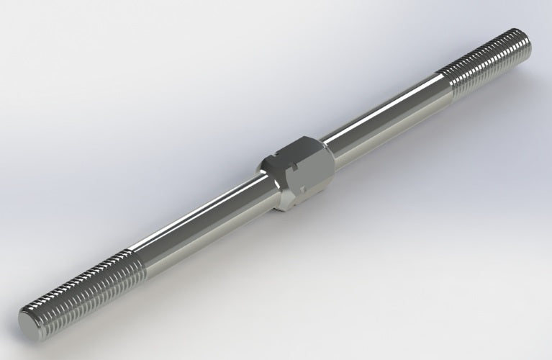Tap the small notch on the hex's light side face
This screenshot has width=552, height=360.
point(305,189)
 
